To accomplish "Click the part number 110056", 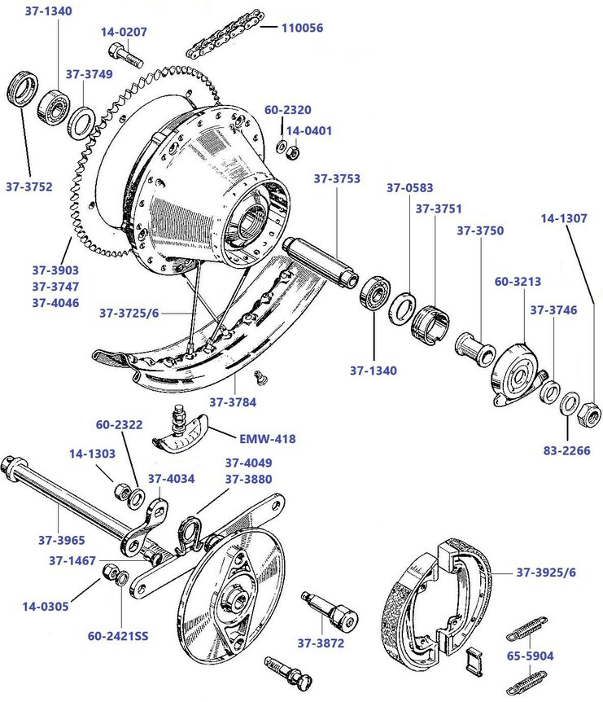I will tap(302, 28).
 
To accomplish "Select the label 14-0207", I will tap(124, 33).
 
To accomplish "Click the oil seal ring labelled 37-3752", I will tap(22, 90).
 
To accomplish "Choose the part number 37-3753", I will tap(337, 178).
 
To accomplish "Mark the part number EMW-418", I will tap(267, 439).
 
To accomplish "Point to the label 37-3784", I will tap(233, 401).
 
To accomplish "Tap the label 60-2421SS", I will tap(118, 636).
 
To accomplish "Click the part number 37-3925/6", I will tap(545, 573).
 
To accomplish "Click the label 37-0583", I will tap(409, 188).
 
